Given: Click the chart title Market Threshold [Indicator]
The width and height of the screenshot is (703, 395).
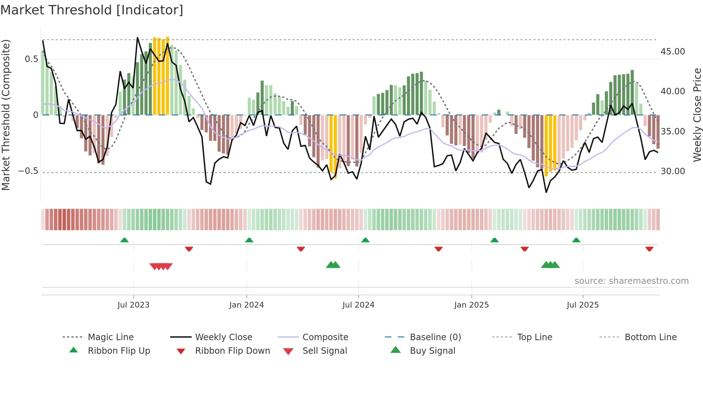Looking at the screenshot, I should click(x=92, y=10).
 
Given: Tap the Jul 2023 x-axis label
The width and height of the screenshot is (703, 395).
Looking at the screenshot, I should click(x=133, y=305).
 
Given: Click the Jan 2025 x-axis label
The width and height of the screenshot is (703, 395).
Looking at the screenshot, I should click(x=471, y=305).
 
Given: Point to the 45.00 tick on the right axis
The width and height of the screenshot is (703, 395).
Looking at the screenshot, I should click(x=673, y=52).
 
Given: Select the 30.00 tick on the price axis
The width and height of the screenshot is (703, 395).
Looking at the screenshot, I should click(x=673, y=171).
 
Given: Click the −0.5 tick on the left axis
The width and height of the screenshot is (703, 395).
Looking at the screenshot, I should click(x=28, y=171).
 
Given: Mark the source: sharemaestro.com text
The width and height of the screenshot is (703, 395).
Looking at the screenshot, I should click(x=631, y=281).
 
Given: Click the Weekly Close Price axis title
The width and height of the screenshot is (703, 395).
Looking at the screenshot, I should click(x=697, y=115).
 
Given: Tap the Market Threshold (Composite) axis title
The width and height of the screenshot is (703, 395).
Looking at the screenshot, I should click(x=6, y=115).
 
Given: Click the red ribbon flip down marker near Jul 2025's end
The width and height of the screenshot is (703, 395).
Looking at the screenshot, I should click(x=649, y=249).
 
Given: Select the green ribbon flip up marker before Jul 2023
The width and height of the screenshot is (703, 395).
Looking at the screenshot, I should click(x=124, y=240).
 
